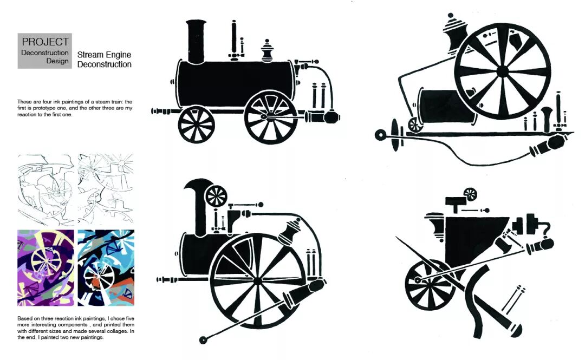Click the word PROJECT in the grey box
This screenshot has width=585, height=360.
coord(45,42)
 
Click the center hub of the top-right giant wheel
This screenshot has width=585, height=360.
coord(502,71)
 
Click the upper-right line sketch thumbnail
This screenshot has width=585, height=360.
coord(106,187)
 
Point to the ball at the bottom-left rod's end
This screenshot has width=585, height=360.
coord(204,339)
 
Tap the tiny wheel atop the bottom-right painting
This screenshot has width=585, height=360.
coord(470,194)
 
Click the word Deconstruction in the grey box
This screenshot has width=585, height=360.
coord(45,53)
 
